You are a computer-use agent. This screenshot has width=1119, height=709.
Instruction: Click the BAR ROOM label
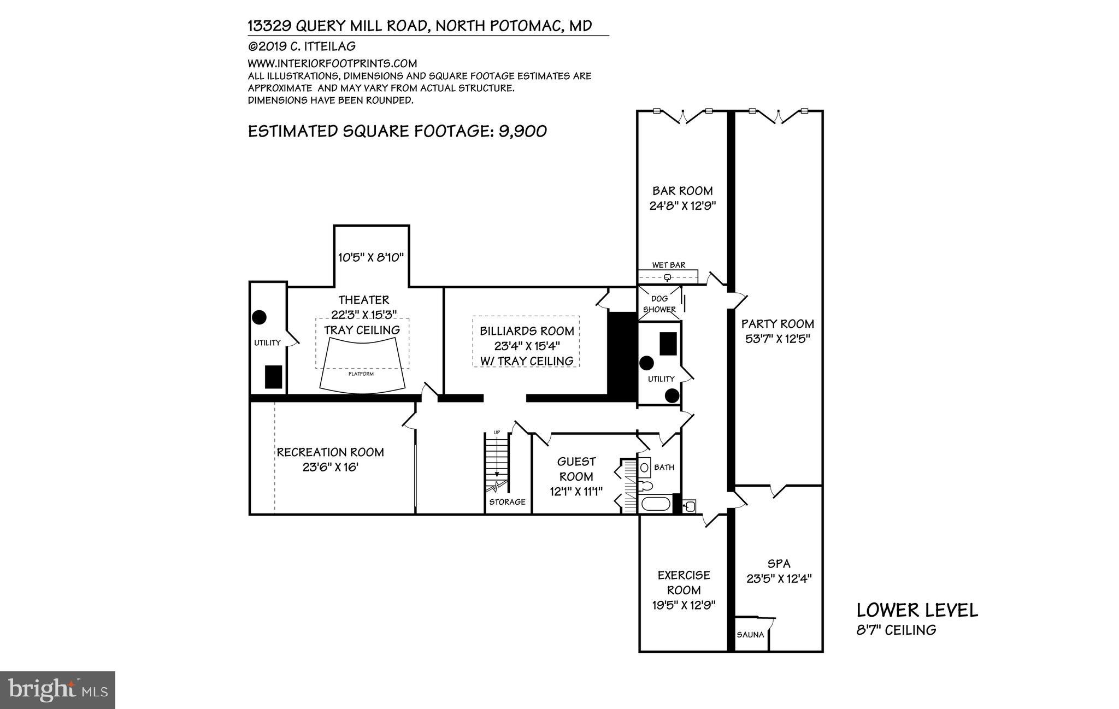coord(682,191)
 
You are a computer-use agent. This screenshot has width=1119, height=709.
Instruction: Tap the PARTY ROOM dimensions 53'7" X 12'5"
coord(778,339)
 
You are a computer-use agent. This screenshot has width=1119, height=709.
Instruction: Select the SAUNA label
coord(750,635)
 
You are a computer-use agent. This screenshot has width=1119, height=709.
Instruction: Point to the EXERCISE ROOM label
coord(684,582)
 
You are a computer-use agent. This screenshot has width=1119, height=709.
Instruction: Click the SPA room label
coord(779,564)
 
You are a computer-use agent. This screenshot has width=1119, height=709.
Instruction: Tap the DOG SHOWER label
coord(659,304)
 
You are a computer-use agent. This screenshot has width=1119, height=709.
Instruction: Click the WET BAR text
coord(668,265)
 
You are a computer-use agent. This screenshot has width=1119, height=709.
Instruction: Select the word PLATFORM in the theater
coord(361,374)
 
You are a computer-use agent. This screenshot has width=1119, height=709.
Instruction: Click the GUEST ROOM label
coord(576,469)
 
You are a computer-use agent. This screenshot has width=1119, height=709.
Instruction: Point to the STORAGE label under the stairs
coord(507,502)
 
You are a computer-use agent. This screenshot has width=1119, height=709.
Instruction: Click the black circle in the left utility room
coord(259,317)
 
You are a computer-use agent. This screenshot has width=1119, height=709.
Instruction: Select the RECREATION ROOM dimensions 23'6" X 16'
coord(330,468)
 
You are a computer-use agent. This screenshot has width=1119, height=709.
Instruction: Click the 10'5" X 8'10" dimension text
coord(371,257)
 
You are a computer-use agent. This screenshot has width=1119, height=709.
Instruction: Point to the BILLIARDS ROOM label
coord(527,331)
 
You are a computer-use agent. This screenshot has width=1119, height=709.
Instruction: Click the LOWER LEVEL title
coord(917,610)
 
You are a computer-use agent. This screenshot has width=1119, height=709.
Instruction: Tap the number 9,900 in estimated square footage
coord(522,131)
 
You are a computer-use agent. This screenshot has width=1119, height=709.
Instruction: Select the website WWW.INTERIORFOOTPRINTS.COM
coord(332,63)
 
